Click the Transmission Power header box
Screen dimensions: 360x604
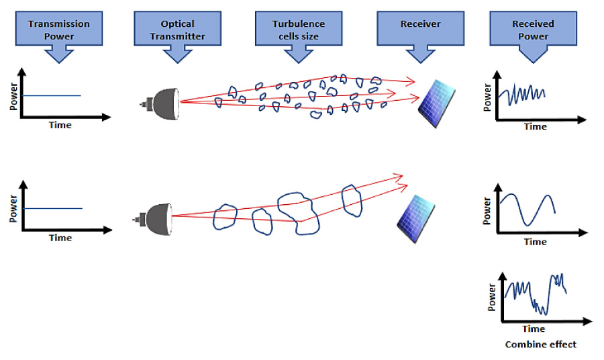coord(59,30)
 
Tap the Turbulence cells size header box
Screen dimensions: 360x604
coord(297,30)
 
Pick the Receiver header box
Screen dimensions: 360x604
coord(420,27)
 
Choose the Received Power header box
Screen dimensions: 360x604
coord(533,30)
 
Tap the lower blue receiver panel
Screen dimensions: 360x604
coord(414,216)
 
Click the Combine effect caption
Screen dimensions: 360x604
coord(540,345)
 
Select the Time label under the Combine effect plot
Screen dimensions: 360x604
coord(534,329)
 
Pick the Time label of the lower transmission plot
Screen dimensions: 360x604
coord(60,238)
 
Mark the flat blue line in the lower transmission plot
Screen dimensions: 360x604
coord(53,208)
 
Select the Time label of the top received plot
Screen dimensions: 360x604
coord(536,126)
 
